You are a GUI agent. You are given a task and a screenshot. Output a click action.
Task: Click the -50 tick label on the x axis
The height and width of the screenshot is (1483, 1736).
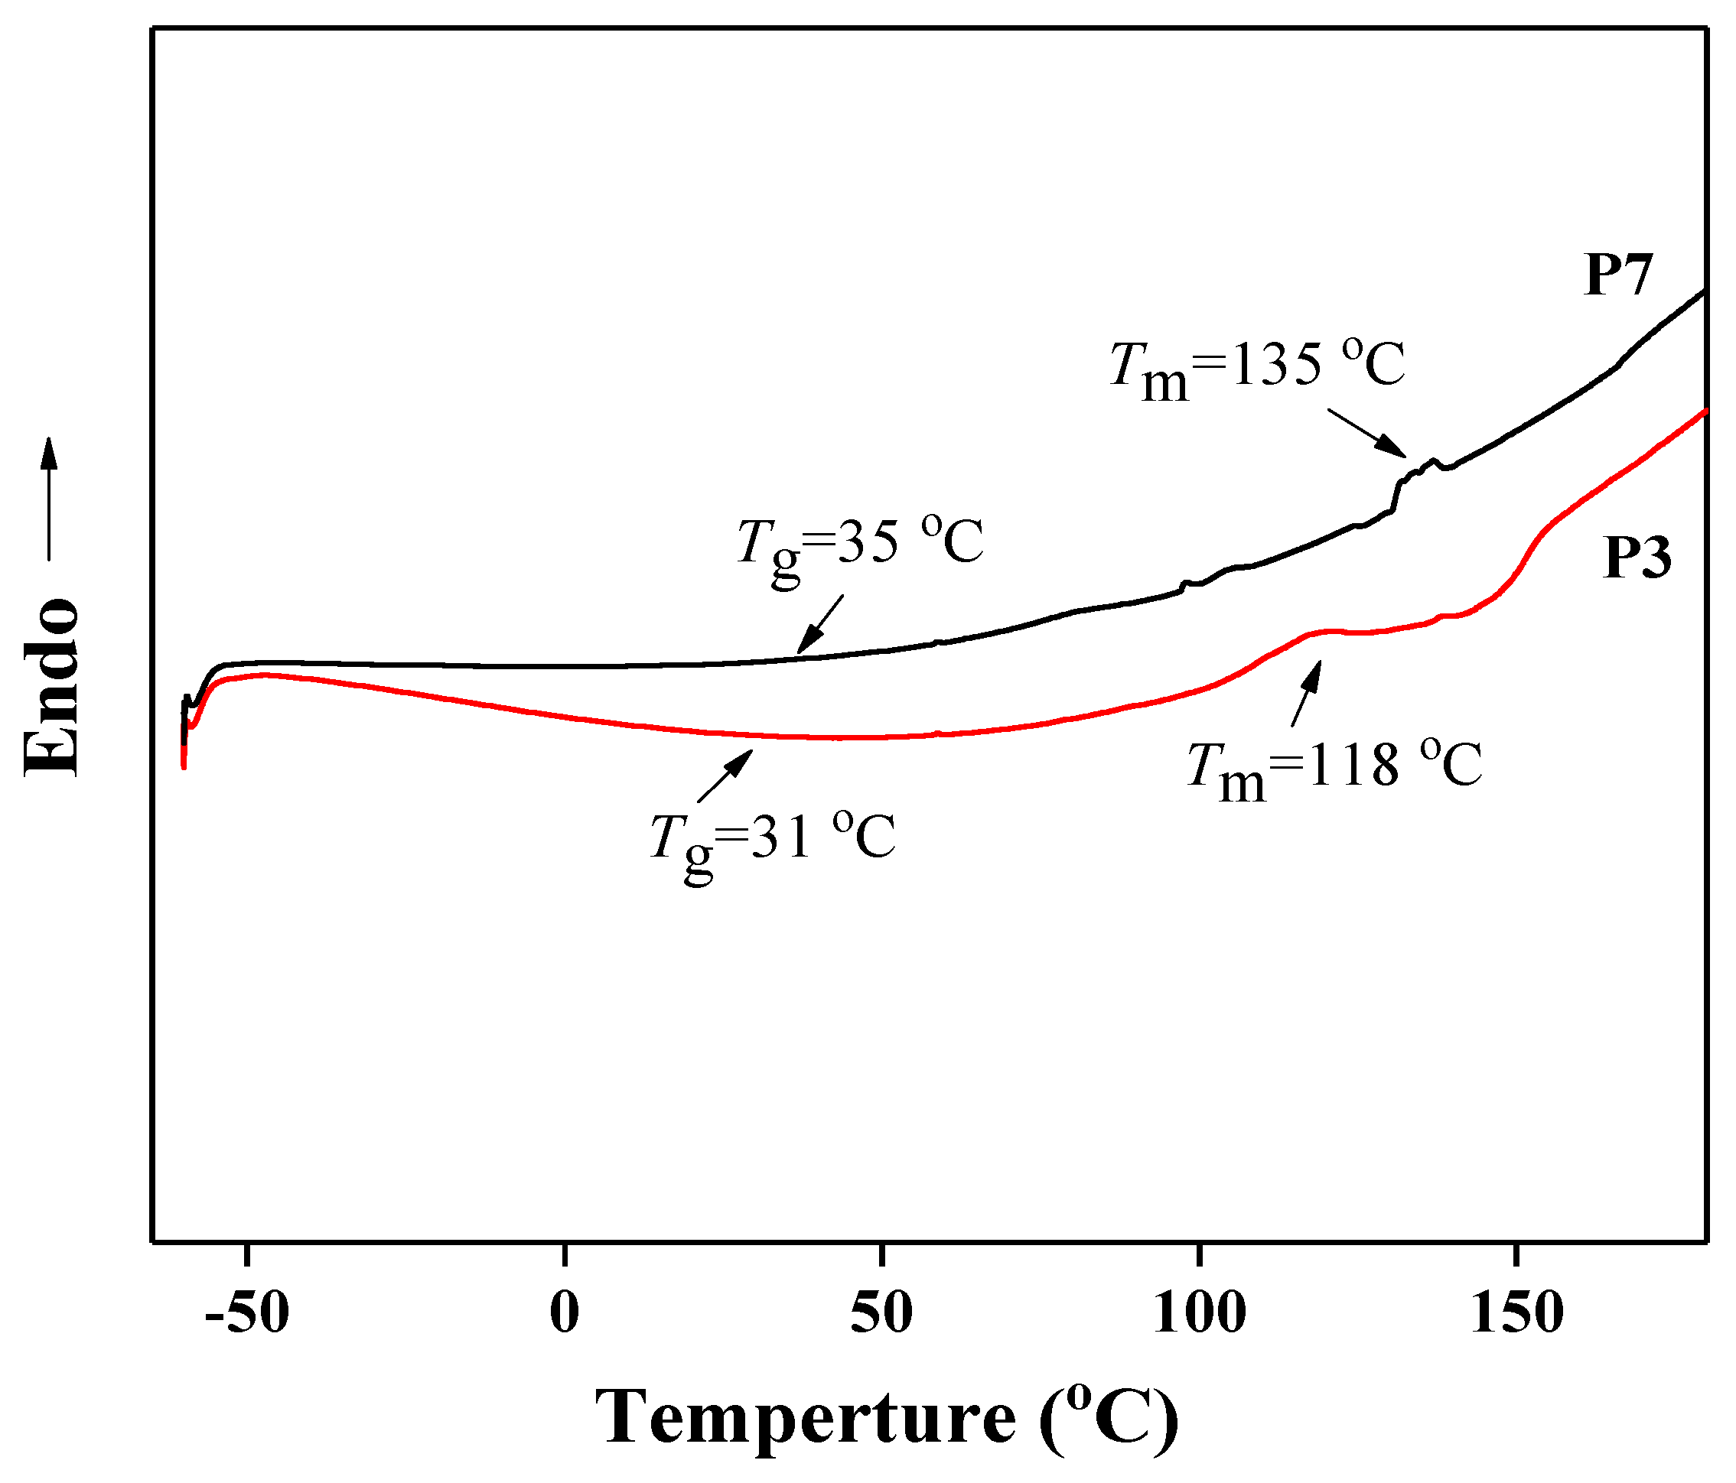point(247,1313)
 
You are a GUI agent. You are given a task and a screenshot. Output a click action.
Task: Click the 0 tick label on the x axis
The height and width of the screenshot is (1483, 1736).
point(565,1313)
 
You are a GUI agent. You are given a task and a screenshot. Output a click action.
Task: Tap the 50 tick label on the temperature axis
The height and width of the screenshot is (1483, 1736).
point(881,1313)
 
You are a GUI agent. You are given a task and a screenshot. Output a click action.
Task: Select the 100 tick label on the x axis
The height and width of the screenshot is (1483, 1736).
point(1200,1313)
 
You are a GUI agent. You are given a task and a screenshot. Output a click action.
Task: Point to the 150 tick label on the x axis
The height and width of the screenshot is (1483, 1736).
point(1516,1313)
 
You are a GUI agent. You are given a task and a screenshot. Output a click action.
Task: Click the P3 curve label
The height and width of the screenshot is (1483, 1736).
point(1637,558)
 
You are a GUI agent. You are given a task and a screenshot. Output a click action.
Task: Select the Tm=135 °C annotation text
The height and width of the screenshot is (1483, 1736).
point(1257,369)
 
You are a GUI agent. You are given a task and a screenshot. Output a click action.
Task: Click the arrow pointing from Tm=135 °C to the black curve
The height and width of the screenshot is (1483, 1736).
point(1366,433)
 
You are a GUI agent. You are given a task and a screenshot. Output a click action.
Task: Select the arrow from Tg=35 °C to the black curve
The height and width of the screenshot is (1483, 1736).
point(820,624)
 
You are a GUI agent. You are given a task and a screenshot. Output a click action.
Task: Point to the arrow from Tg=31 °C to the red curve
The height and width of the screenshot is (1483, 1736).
point(725,776)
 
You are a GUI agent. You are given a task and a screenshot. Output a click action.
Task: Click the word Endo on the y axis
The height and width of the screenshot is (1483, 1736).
point(52,687)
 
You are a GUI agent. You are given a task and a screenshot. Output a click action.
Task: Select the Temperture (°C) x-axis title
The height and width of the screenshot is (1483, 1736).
point(887,1418)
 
